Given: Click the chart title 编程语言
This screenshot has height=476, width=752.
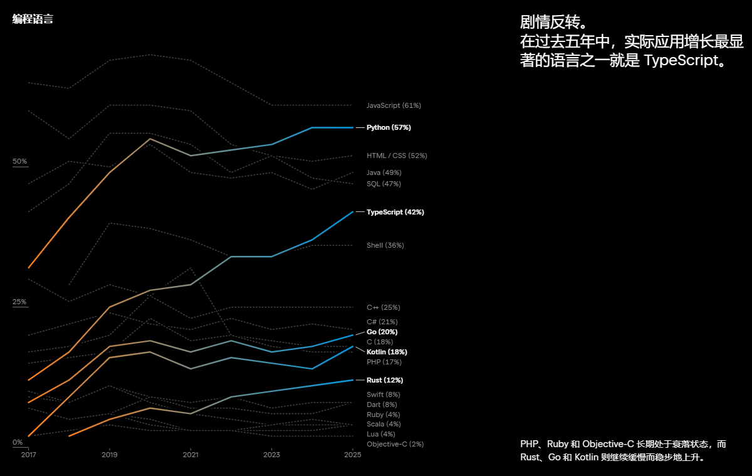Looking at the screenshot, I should [33, 19].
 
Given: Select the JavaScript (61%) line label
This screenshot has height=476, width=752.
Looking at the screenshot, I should [394, 105].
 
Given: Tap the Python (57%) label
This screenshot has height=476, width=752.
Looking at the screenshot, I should [389, 127].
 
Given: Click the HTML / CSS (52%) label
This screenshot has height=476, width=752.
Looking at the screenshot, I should [397, 156].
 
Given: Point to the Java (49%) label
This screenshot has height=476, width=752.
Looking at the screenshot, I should [384, 172].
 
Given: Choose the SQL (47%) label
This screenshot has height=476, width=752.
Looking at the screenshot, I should [384, 184].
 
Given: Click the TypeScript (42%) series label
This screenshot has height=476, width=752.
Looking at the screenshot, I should [395, 212].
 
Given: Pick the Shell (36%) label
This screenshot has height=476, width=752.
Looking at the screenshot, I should [385, 245].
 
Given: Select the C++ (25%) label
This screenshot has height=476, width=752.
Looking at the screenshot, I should [383, 307].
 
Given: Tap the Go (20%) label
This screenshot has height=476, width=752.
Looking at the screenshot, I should [382, 332].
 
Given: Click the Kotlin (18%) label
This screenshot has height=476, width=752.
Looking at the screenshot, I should [386, 352].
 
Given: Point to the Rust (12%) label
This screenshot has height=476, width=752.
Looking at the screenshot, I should [384, 380].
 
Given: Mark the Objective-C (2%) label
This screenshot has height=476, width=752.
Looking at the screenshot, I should [395, 444].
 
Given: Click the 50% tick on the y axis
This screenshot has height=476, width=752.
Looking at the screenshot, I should [20, 161].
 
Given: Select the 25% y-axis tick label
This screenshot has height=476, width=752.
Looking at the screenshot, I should [20, 302].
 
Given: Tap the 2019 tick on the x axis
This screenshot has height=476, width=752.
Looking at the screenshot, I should [110, 454].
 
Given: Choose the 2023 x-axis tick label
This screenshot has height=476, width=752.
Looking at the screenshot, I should [271, 454].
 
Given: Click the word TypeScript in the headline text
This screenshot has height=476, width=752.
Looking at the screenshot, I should [679, 61].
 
